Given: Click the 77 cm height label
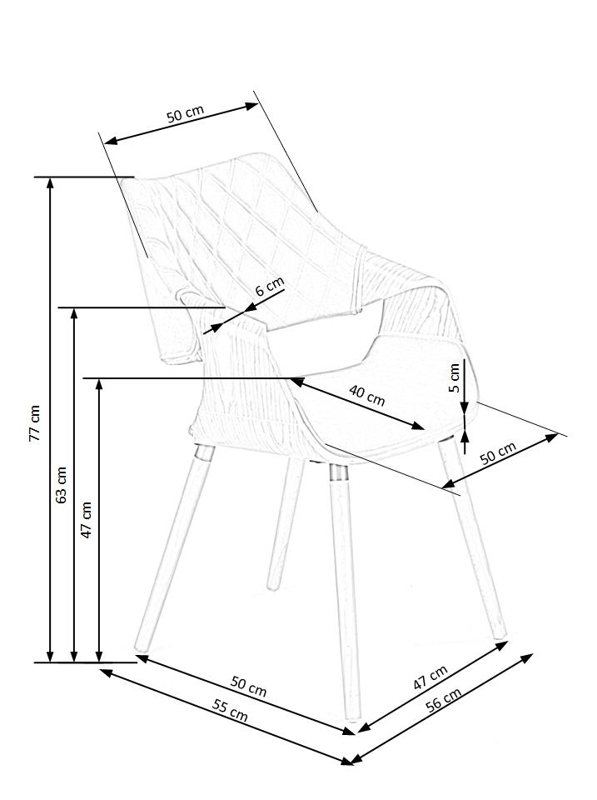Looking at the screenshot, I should coord(34,423).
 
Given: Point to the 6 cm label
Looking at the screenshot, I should coord(269,287).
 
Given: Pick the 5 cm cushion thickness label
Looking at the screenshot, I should coord(454,377).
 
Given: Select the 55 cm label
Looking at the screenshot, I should coord(230,710).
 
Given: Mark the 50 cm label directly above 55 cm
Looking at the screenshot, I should coord(248,686).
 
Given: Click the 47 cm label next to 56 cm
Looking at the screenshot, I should coord(430,677).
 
